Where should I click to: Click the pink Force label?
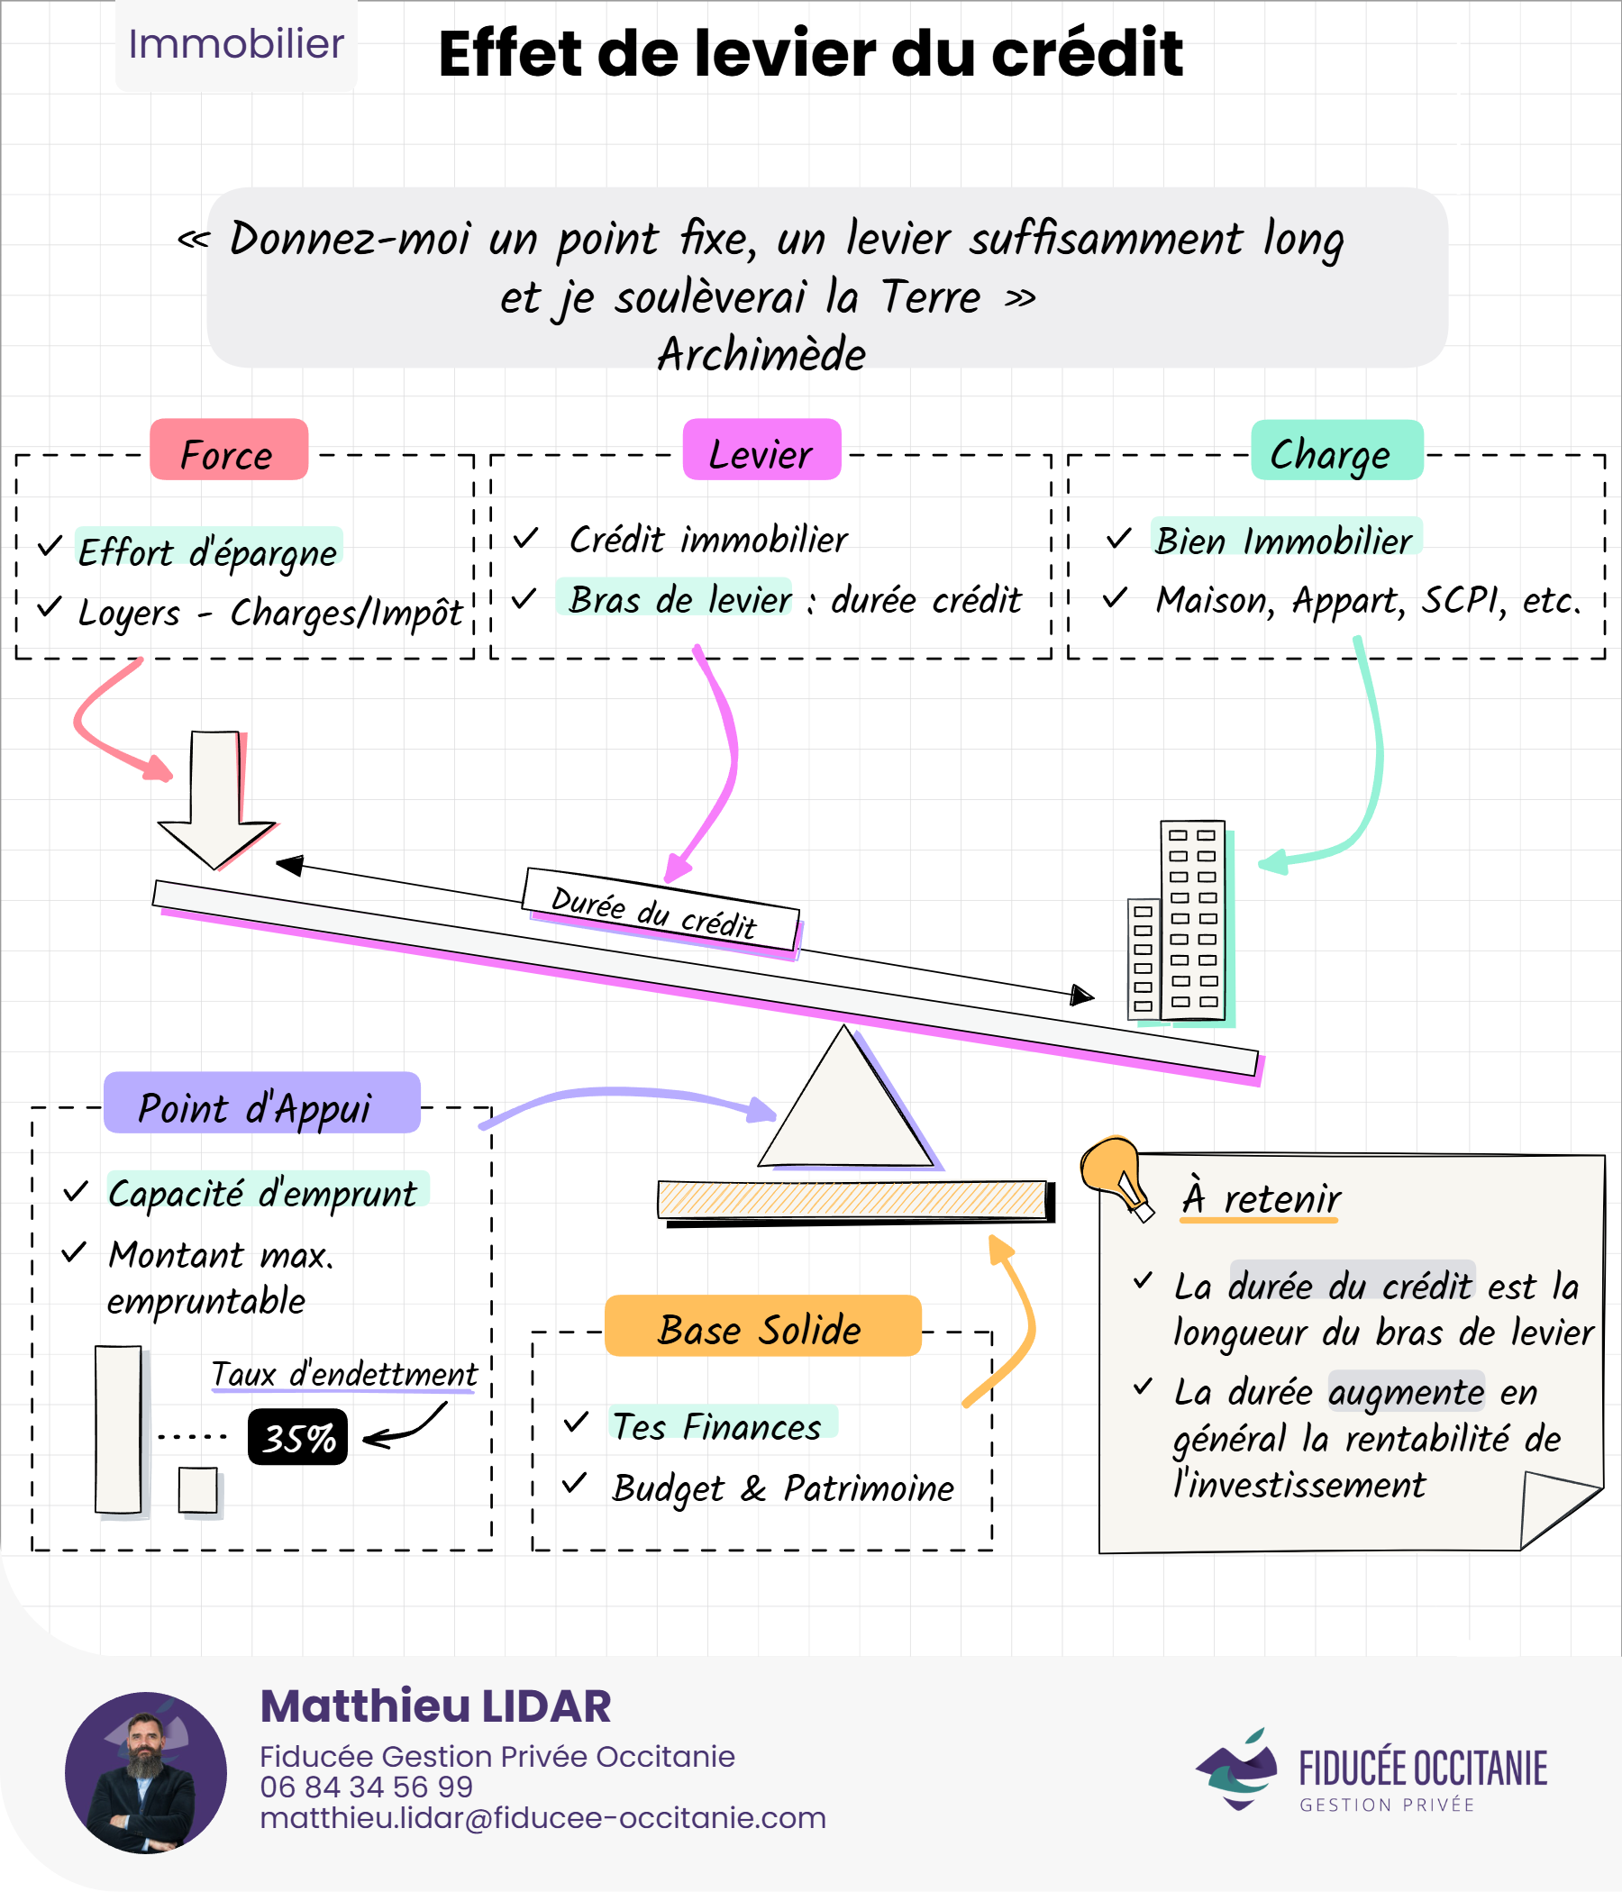click(228, 450)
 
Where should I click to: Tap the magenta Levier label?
click(761, 450)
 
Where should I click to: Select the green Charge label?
click(1336, 450)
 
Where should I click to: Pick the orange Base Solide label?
click(762, 1326)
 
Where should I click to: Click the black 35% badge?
click(297, 1437)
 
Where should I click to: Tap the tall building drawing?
click(1192, 920)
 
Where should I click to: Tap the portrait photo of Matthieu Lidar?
click(146, 1772)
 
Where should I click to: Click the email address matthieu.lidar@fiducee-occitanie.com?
click(542, 1818)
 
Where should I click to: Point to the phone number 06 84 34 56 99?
click(366, 1787)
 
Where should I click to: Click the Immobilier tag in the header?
click(235, 44)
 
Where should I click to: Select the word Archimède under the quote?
click(761, 354)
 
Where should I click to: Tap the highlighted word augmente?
click(1406, 1392)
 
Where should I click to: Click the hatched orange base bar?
click(852, 1199)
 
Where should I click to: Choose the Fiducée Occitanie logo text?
click(1422, 1769)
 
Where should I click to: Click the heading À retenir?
click(1262, 1198)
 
